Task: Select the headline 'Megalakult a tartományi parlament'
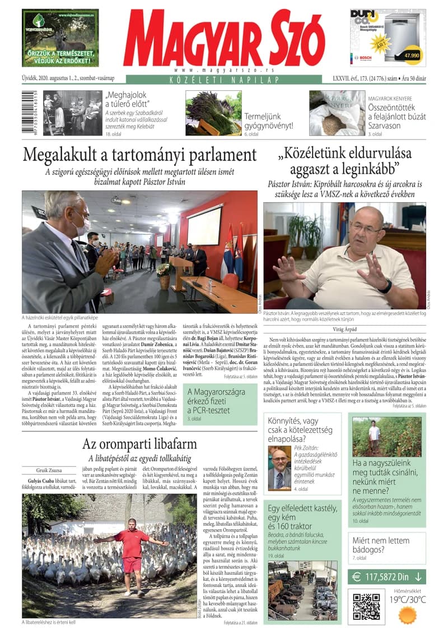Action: tap(140, 154)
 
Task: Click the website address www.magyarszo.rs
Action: tap(223, 70)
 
